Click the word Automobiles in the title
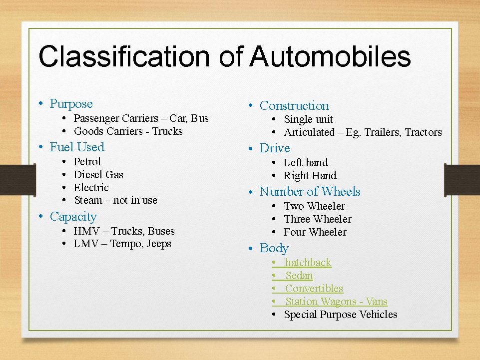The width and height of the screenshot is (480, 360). pyautogui.click(x=330, y=56)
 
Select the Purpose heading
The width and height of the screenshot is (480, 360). pyautogui.click(x=71, y=104)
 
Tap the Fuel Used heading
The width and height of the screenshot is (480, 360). pyautogui.click(x=77, y=147)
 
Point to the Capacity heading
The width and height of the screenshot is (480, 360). pyautogui.click(x=73, y=217)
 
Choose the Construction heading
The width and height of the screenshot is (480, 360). pyautogui.click(x=294, y=106)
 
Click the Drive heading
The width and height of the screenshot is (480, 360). pyautogui.click(x=275, y=149)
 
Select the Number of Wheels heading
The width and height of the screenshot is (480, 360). pyautogui.click(x=310, y=192)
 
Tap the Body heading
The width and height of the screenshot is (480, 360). pyautogui.click(x=274, y=248)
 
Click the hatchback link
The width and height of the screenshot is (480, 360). pyautogui.click(x=308, y=263)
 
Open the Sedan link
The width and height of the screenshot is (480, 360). pyautogui.click(x=299, y=276)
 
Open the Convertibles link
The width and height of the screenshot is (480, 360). pyautogui.click(x=314, y=289)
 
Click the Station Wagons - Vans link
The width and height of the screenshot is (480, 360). pyautogui.click(x=336, y=302)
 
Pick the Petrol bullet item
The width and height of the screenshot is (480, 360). pyautogui.click(x=87, y=162)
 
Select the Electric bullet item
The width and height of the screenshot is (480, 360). pyautogui.click(x=91, y=188)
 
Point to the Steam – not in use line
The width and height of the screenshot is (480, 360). pyautogui.click(x=115, y=200)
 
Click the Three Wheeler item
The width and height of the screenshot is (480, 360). pyautogui.click(x=317, y=219)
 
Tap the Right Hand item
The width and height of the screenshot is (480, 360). pyautogui.click(x=310, y=176)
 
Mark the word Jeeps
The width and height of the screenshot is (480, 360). pyautogui.click(x=159, y=244)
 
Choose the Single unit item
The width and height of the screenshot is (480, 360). pyautogui.click(x=308, y=119)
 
